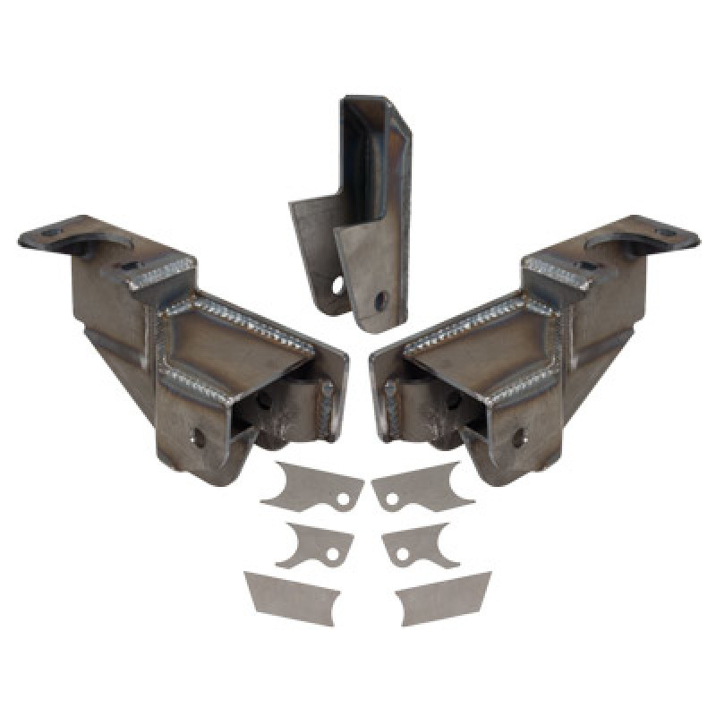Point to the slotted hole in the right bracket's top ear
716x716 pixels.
(x=667, y=234)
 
